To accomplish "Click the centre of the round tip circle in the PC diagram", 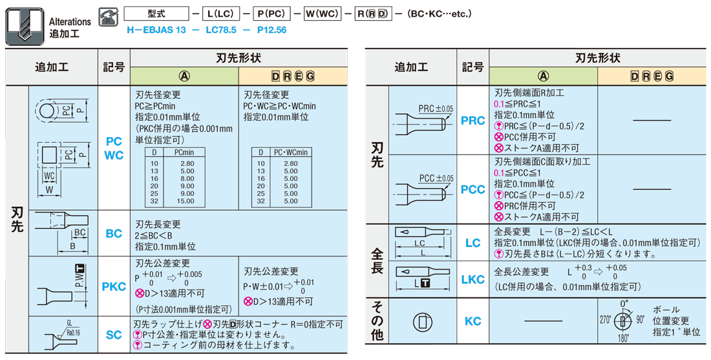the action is coord(47,111).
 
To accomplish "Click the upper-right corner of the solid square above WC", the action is coord(58,145).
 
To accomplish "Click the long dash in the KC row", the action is coord(543,321).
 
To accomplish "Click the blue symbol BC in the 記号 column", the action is coord(114,233).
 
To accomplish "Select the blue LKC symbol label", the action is coord(472,279).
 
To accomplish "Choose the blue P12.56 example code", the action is coord(271,30).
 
